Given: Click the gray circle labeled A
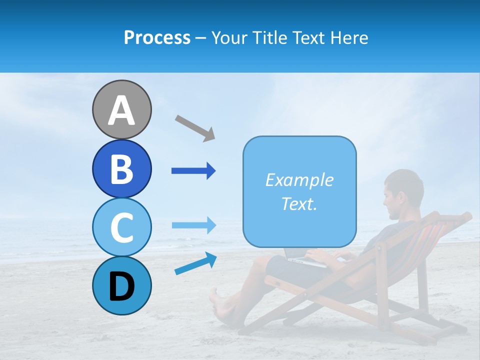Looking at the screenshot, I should coord(121,109).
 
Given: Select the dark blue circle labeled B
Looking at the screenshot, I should coord(121,168).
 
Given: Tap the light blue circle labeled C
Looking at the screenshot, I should coord(121,227).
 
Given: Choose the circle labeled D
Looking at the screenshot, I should coord(121,285).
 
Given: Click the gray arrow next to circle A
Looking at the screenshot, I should coord(195,127).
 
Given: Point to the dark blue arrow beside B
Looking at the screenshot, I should coord(193,171).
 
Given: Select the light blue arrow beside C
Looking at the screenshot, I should coord(193,225).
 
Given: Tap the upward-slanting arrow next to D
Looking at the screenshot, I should coord(195,263).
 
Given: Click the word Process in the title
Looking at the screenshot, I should coord(157,37).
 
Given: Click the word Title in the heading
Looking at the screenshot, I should coord(269,37).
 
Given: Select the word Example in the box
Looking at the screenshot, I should coord(299,180).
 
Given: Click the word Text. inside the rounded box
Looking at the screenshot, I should coord(299,203).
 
